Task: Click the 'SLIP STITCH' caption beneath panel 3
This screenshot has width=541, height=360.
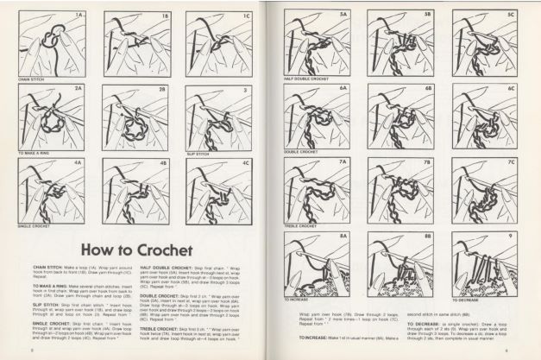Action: point(199,153)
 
